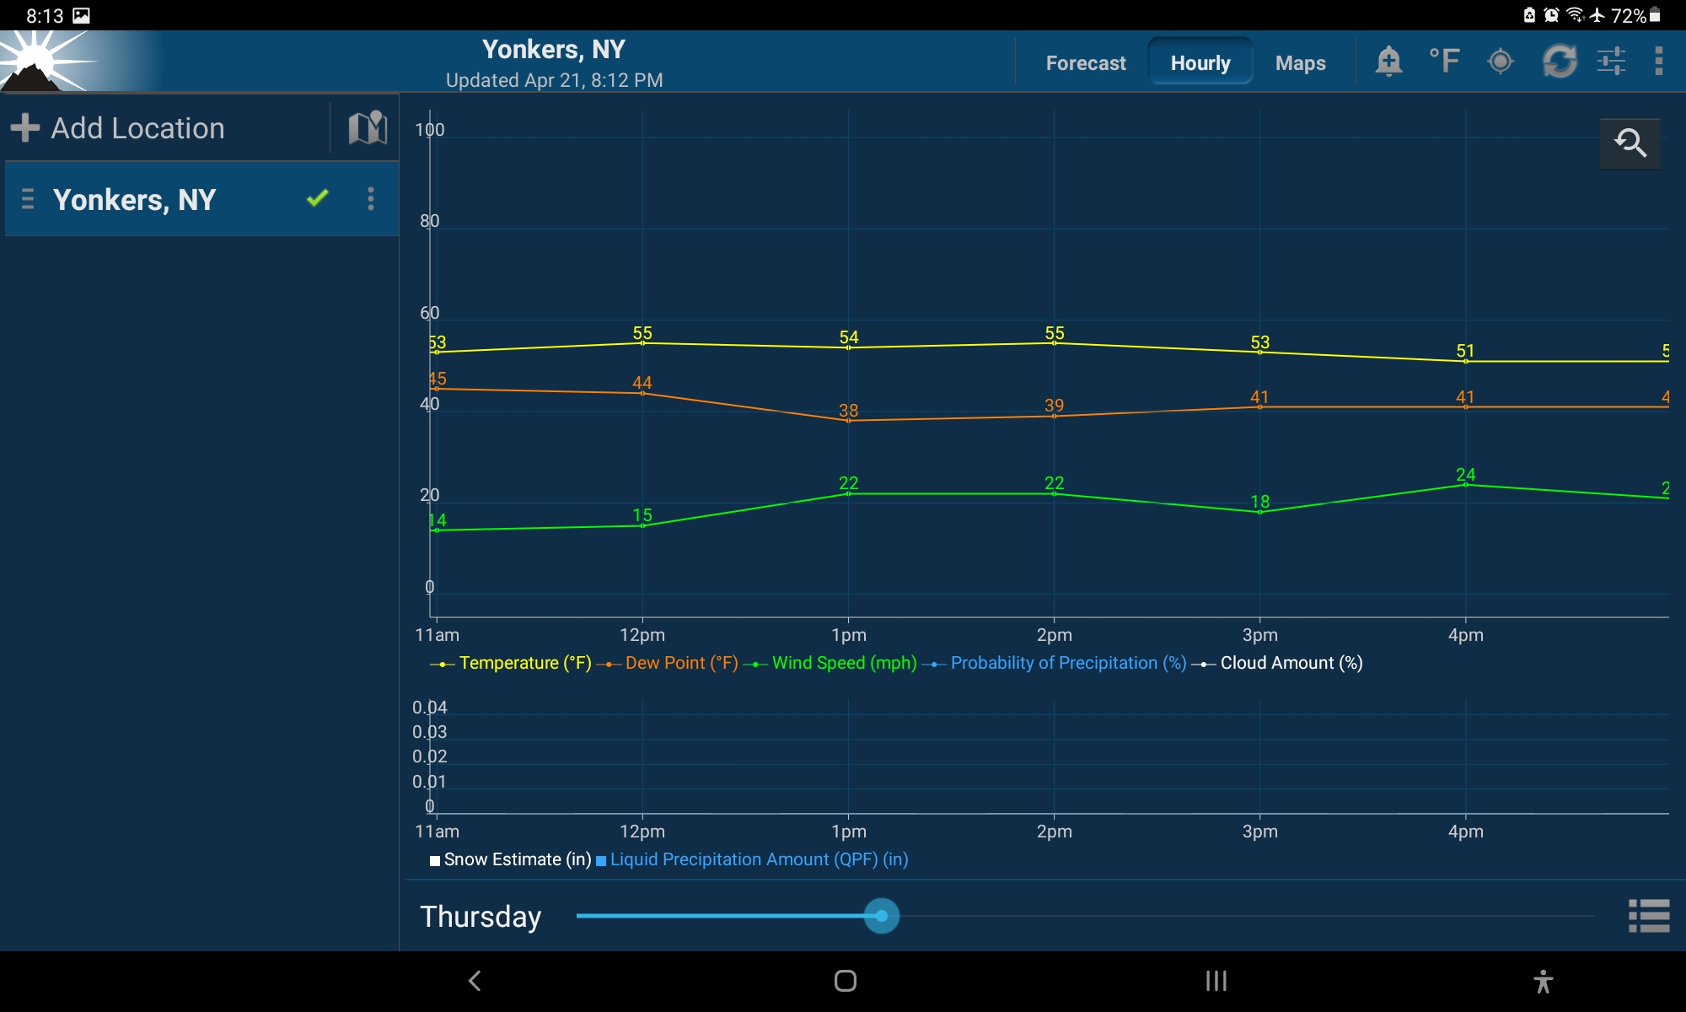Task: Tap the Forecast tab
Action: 1085,63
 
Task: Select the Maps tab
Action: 1300,63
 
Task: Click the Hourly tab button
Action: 1200,63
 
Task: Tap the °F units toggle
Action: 1444,61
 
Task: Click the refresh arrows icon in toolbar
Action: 1560,61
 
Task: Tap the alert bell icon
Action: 1388,61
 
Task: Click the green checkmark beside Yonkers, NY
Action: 317,198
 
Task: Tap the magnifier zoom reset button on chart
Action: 1630,143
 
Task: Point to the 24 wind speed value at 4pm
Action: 1466,475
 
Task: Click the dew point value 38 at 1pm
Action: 848,411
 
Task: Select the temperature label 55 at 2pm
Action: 1055,333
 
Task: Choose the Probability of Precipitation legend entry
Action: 1067,663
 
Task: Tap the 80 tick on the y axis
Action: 430,221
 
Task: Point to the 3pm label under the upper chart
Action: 1259,635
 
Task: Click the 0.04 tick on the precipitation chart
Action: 429,708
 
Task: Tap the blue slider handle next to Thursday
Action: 882,916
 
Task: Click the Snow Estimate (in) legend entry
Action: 517,859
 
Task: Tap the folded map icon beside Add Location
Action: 368,128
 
